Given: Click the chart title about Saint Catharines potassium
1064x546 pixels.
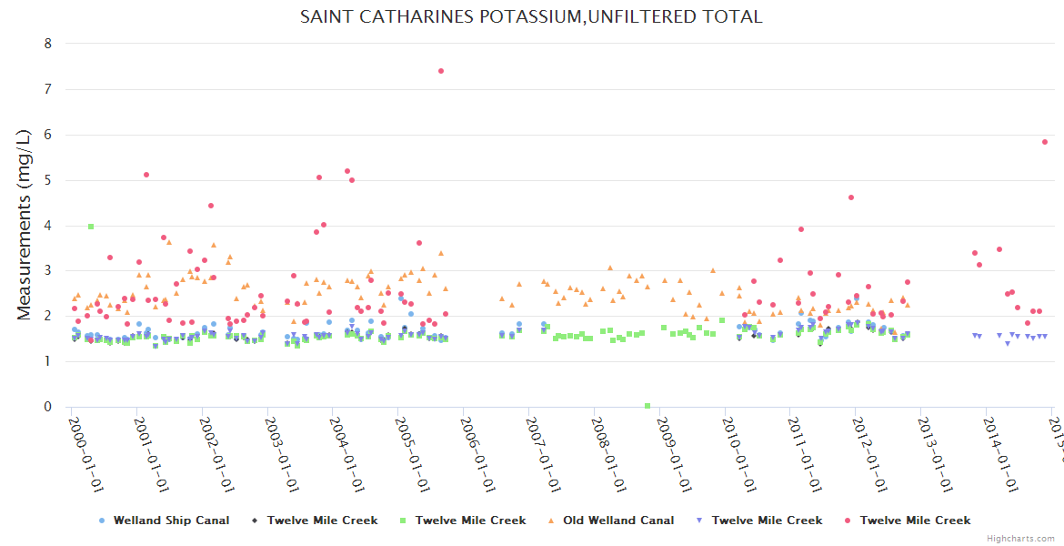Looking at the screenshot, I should click(531, 17).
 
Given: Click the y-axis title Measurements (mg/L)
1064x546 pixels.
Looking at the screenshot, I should click(25, 225).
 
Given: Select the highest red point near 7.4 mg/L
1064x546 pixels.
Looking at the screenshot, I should click(441, 71).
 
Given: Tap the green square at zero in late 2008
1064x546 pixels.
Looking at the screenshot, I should click(647, 406).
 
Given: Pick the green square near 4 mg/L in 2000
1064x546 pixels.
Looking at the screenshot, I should click(91, 227).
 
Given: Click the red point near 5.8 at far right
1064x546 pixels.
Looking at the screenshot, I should click(1045, 142).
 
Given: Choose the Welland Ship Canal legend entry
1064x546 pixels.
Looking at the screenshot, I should click(171, 521).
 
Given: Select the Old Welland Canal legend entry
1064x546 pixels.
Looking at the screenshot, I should click(618, 521).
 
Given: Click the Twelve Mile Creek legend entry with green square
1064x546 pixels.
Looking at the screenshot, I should click(470, 521).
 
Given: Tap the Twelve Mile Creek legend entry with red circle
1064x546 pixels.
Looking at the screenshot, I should click(915, 521).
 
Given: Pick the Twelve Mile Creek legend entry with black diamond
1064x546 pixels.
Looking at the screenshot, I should click(322, 521).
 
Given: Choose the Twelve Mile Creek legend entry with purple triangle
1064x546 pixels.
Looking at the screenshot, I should click(767, 521).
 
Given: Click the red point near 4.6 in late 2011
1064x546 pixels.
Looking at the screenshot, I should click(851, 197).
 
